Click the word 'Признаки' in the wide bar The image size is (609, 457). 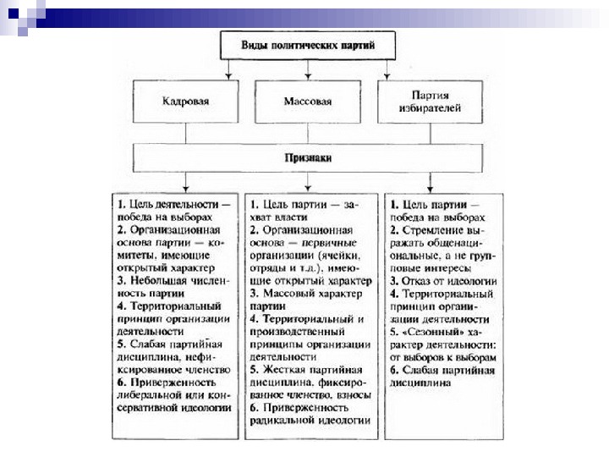point(306,157)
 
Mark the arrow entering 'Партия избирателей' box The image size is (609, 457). point(387,75)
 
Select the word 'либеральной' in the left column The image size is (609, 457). point(149,394)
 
